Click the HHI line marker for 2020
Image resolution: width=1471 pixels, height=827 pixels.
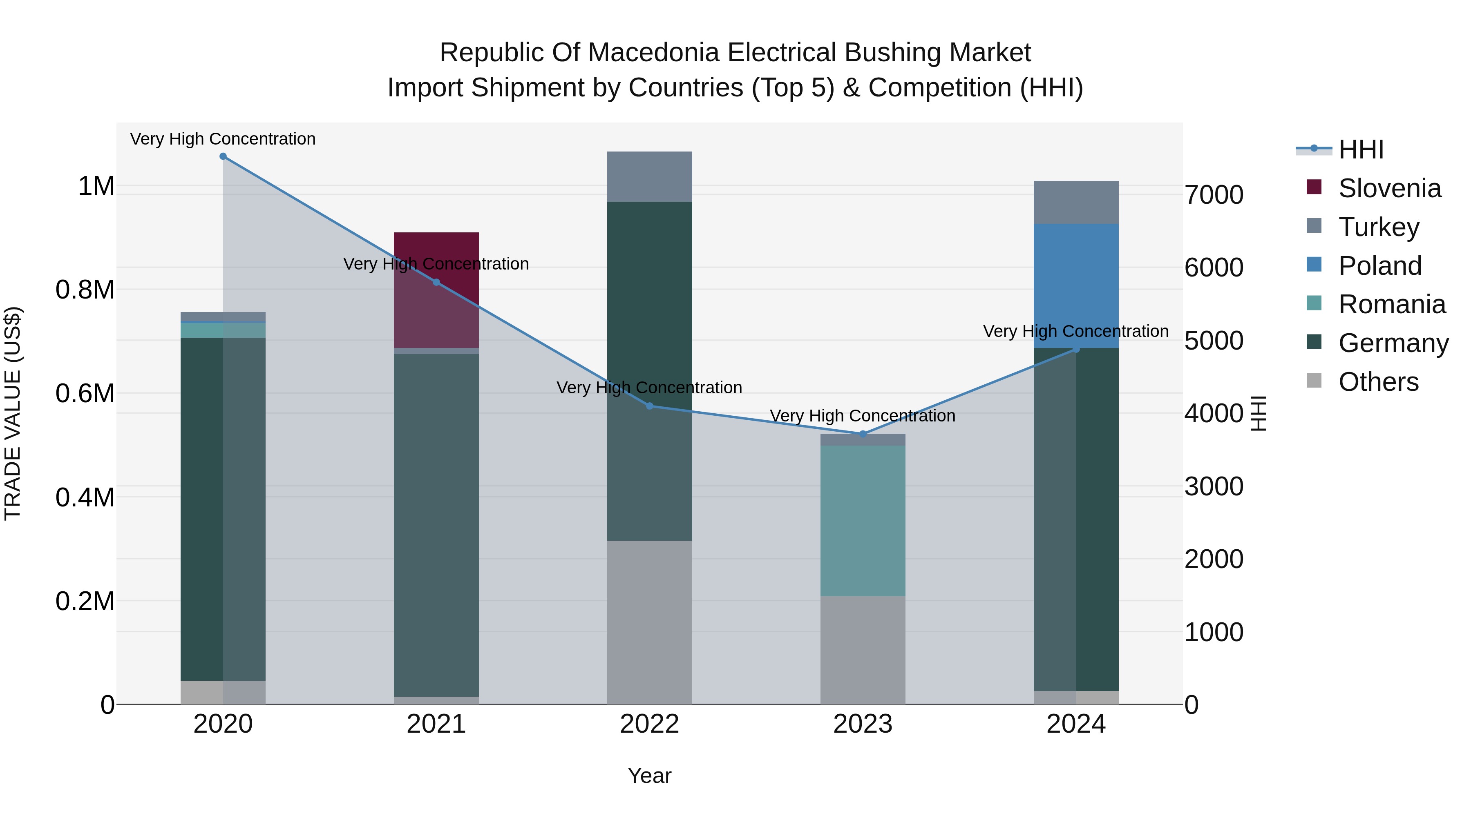pyautogui.click(x=223, y=156)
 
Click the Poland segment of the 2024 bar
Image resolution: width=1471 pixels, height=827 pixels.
pyautogui.click(x=1076, y=285)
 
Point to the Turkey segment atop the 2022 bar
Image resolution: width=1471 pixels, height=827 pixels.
pyautogui.click(x=649, y=176)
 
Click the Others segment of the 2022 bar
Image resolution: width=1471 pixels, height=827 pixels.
pyautogui.click(x=649, y=622)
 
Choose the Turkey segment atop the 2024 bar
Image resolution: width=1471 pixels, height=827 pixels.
pyautogui.click(x=1076, y=202)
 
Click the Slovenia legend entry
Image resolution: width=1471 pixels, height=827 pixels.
pyautogui.click(x=1389, y=188)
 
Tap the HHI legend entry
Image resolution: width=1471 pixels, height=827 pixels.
pyautogui.click(x=1360, y=149)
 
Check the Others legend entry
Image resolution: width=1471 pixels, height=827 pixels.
pyautogui.click(x=1377, y=382)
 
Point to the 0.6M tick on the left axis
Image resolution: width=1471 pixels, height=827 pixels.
pyautogui.click(x=85, y=393)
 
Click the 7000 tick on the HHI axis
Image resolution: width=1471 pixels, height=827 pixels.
pyautogui.click(x=1214, y=195)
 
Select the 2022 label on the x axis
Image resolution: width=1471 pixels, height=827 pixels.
pyautogui.click(x=649, y=724)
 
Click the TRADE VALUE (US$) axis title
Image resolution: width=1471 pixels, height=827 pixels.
pyautogui.click(x=13, y=413)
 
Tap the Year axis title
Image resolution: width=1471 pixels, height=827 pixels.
pyautogui.click(x=649, y=776)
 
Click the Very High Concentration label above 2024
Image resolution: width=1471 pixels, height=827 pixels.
pyautogui.click(x=1075, y=331)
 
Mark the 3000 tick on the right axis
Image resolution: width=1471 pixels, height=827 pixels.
pyautogui.click(x=1214, y=486)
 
